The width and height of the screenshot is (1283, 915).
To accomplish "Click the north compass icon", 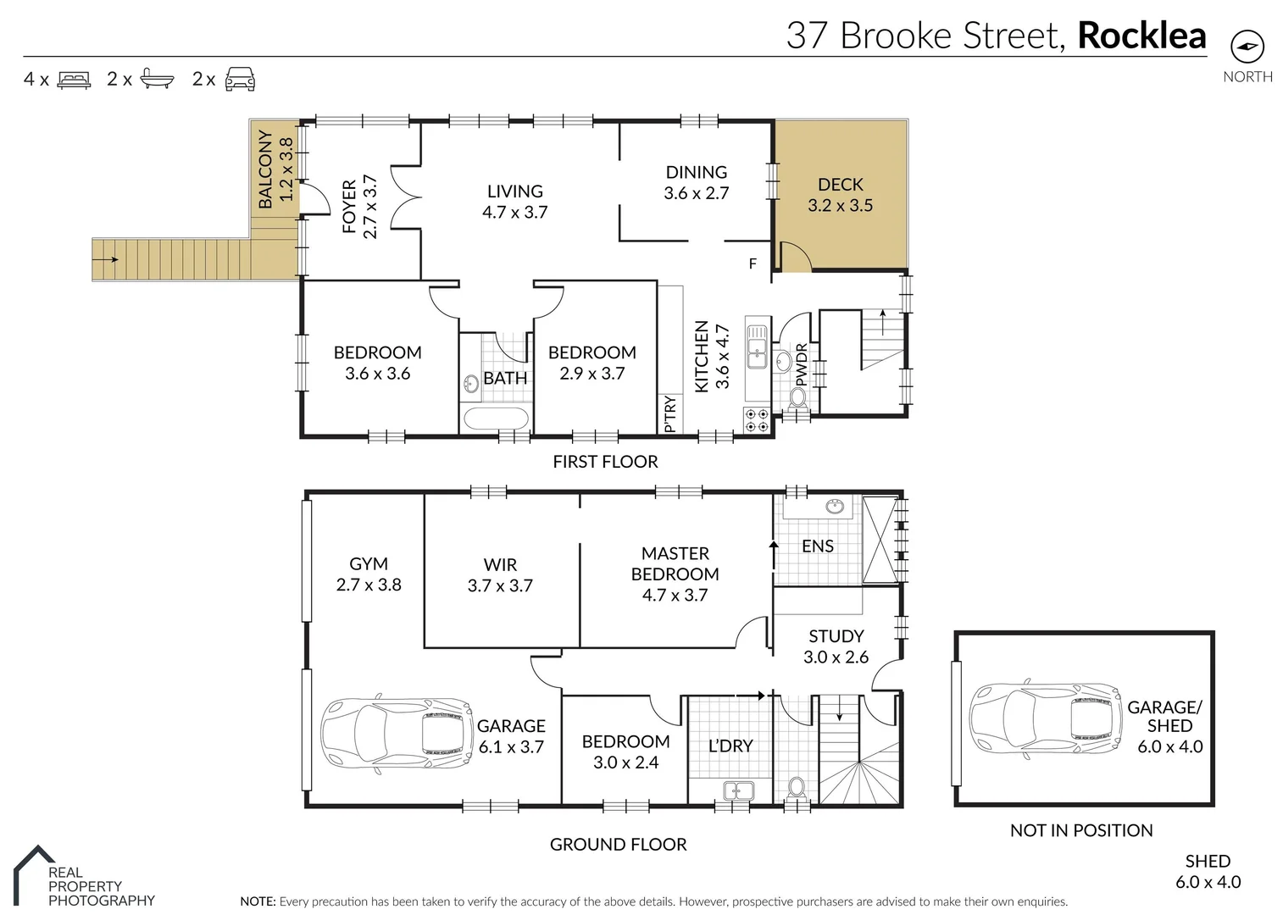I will (x=1247, y=46).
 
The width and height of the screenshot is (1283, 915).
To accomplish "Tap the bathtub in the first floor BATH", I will (x=497, y=419).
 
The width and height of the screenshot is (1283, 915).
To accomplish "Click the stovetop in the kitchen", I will (x=755, y=420).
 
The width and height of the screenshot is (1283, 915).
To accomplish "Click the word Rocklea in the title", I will (x=1141, y=36).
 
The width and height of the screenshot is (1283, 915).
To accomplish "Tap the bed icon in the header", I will (x=74, y=80).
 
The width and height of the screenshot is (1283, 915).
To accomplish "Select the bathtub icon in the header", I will (x=157, y=80).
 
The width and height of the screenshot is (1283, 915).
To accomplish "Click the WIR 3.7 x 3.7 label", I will (x=500, y=574).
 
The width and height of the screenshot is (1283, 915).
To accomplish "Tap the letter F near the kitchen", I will (x=753, y=264).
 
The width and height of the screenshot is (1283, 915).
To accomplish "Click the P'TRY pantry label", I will (x=669, y=414).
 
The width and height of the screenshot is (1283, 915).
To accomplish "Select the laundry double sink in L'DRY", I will (x=738, y=790).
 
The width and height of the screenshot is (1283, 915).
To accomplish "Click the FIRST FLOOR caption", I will (x=605, y=462).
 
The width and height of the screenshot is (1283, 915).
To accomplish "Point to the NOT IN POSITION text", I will (x=1081, y=831).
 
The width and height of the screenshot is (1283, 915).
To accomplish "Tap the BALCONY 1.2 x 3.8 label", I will (x=276, y=169).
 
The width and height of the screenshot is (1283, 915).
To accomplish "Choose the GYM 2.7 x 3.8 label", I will (x=369, y=574).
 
